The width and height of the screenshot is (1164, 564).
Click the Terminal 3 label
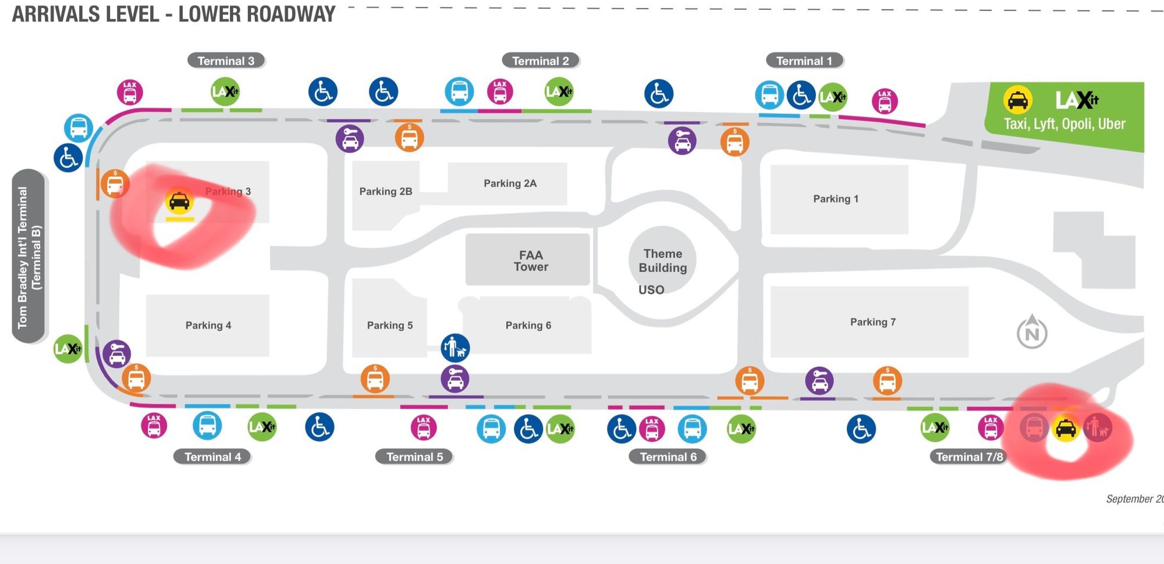click(x=226, y=61)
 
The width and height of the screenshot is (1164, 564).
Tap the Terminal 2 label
click(x=540, y=61)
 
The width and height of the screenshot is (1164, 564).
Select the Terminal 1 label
click(x=804, y=61)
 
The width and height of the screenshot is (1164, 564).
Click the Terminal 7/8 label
click(x=969, y=457)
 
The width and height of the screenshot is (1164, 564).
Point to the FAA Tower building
click(x=530, y=260)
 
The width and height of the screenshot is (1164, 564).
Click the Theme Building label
click(x=662, y=260)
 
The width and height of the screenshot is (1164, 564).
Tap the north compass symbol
click(x=1032, y=333)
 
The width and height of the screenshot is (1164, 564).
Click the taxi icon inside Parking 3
click(x=179, y=201)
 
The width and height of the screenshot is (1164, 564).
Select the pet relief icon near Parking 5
click(x=455, y=348)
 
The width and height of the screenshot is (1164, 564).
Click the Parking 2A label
click(x=510, y=184)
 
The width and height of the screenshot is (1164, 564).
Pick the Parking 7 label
click(x=872, y=322)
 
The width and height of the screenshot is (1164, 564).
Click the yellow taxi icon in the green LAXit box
click(x=1017, y=100)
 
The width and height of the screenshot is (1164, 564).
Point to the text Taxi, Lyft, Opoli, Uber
click(x=1064, y=124)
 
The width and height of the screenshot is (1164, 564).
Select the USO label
click(x=651, y=290)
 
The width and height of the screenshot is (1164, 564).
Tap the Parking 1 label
click(x=835, y=199)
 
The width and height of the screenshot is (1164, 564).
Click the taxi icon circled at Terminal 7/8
click(x=1066, y=429)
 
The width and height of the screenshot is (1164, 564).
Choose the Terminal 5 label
click(x=414, y=457)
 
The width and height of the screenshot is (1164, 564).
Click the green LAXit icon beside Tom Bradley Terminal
click(x=68, y=349)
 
